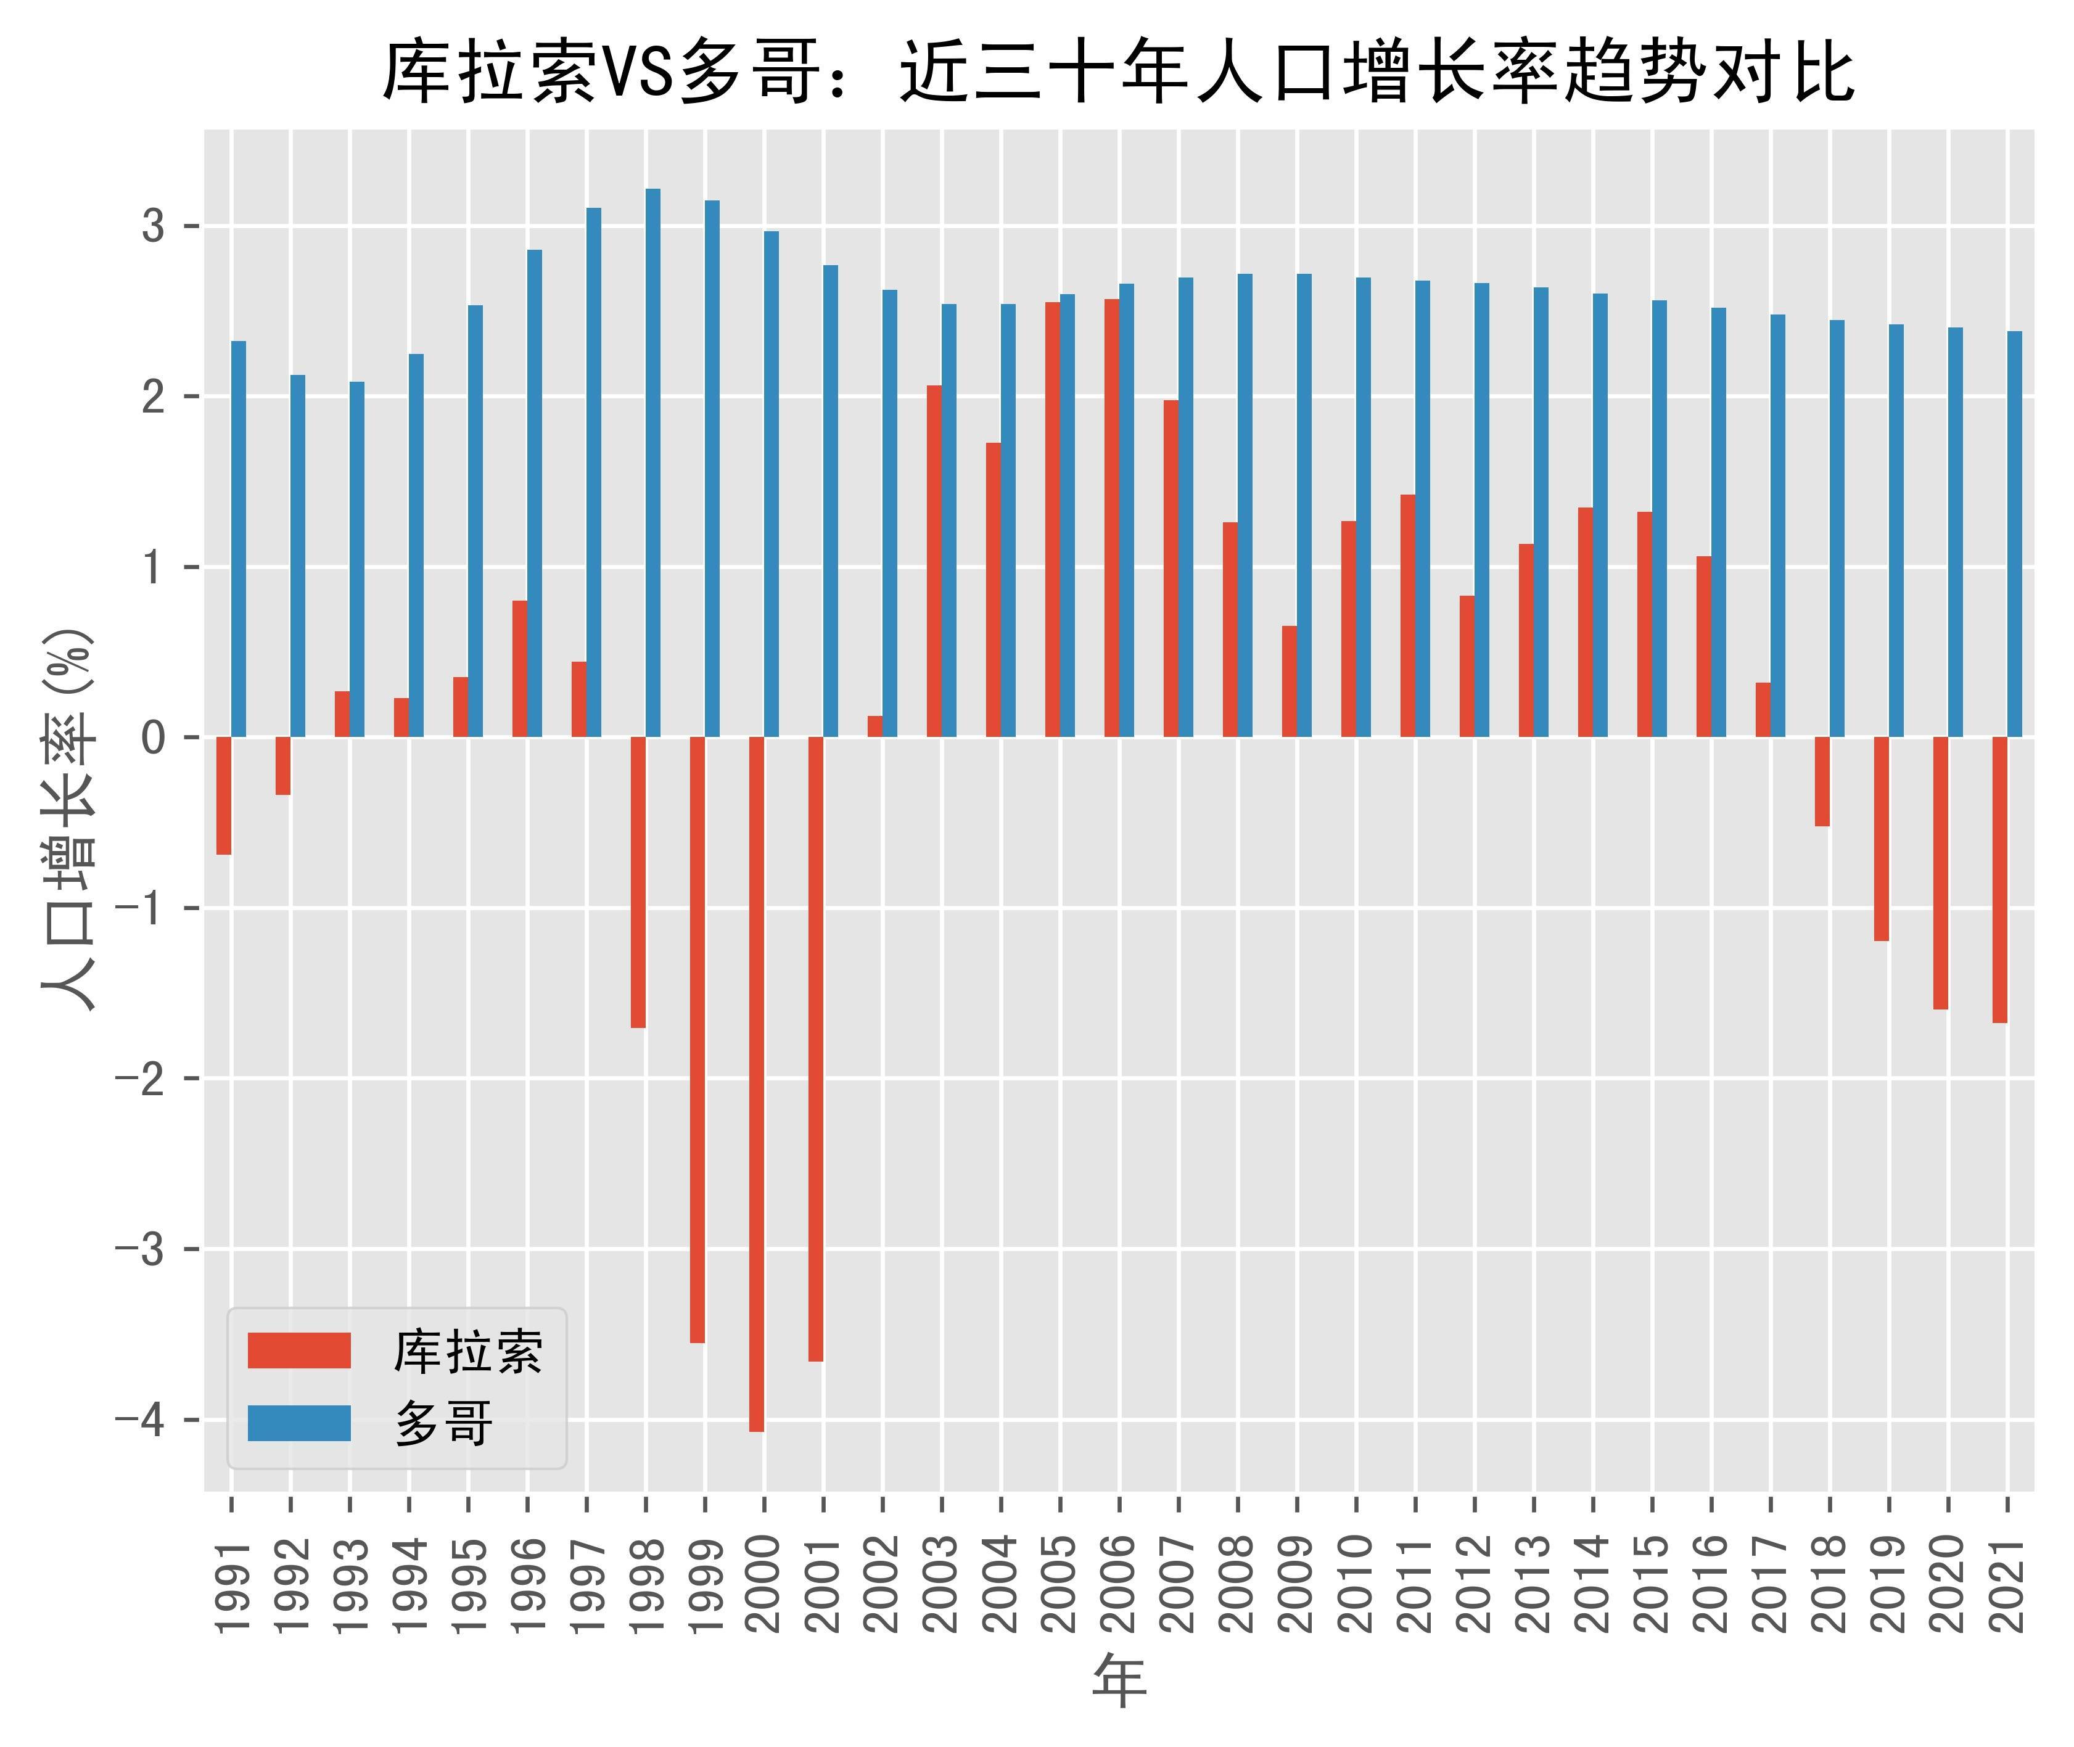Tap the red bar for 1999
pos(698,1039)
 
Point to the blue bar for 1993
pos(356,559)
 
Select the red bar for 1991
pos(224,795)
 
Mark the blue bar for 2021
pos(2015,534)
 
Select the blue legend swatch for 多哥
pos(299,1423)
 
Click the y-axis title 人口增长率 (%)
pos(69,818)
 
